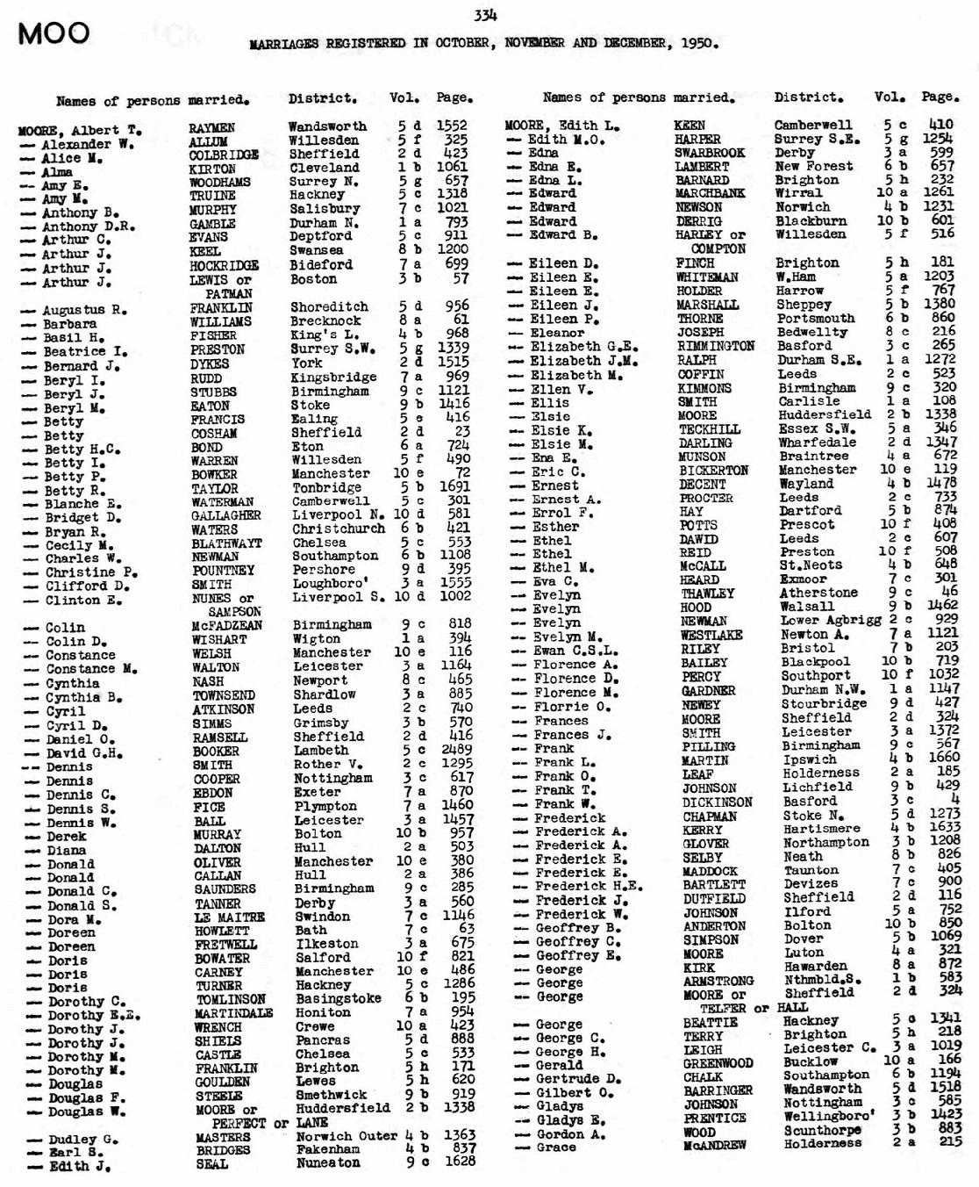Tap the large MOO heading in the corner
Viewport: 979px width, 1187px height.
53,33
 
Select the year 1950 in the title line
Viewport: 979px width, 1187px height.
699,42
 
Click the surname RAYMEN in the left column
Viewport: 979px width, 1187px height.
211,128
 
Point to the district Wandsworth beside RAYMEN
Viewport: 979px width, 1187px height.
327,126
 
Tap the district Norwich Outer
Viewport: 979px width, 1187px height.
347,1137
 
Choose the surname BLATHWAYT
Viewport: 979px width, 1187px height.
227,543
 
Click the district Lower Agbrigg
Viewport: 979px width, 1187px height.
831,620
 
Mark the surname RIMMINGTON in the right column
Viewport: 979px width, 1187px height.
716,346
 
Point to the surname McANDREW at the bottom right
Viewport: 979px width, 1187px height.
715,1145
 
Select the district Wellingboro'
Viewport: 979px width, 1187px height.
828,1117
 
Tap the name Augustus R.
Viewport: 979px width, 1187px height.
86,310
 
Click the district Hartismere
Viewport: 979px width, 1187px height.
822,829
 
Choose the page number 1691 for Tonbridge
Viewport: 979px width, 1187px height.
453,488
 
